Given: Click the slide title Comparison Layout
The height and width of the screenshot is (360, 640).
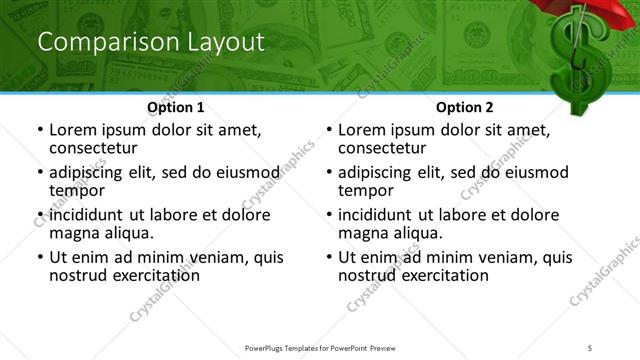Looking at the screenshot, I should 151,43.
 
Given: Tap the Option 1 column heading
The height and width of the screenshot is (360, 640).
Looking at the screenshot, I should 176,107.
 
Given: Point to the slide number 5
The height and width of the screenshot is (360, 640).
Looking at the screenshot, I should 590,347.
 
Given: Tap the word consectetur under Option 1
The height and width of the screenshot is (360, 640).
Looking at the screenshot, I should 92,148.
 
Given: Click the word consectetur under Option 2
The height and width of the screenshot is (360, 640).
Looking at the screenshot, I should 381,148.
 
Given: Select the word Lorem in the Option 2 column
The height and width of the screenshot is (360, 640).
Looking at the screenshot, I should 363,130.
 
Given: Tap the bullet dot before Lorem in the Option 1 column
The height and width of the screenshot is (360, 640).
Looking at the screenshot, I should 39,131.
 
